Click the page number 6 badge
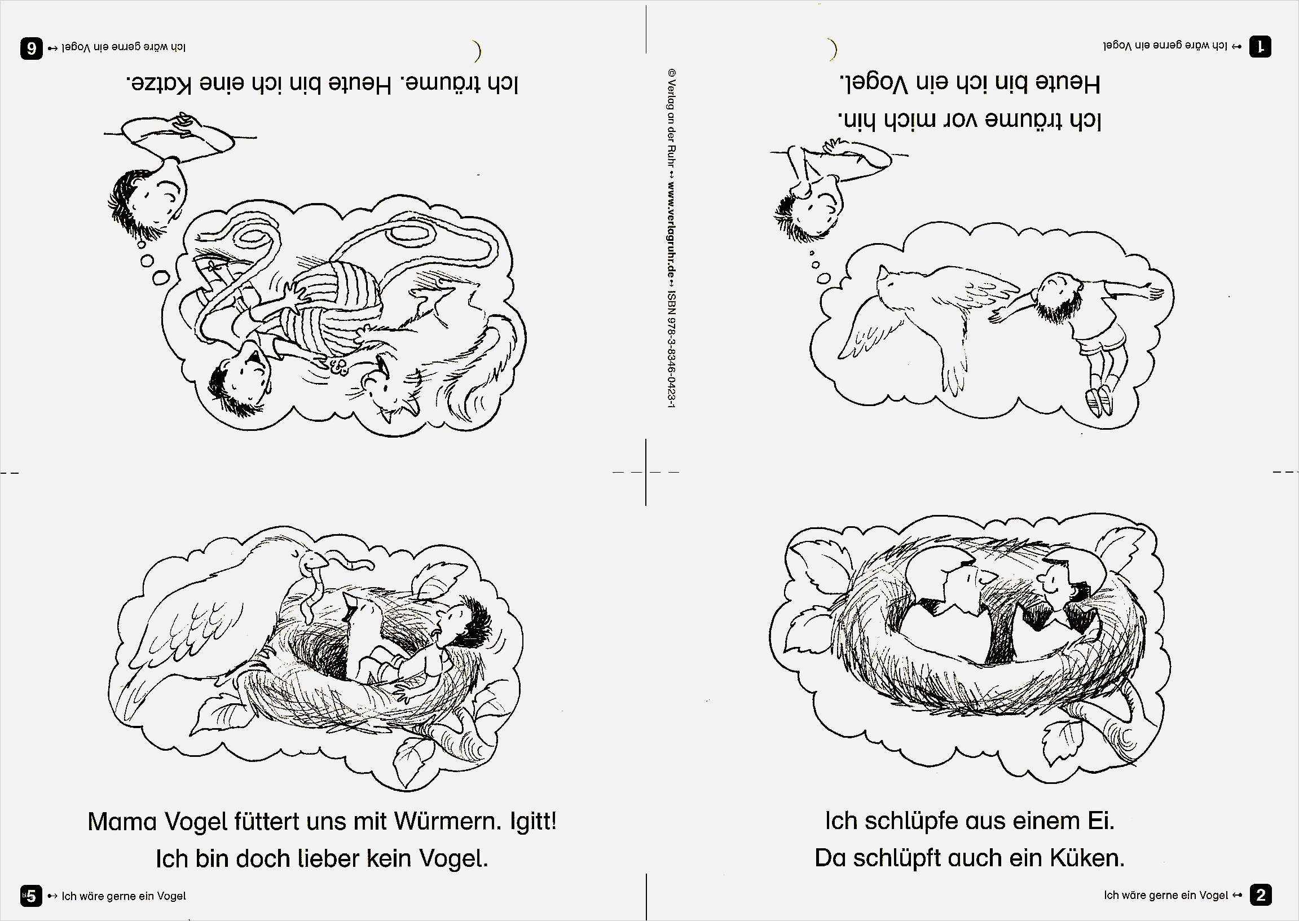click(x=32, y=48)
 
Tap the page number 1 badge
click(x=1261, y=46)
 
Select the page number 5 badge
click(x=31, y=896)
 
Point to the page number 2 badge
click(x=1261, y=896)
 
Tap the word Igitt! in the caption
click(x=533, y=821)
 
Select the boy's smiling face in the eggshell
click(x=1055, y=579)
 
